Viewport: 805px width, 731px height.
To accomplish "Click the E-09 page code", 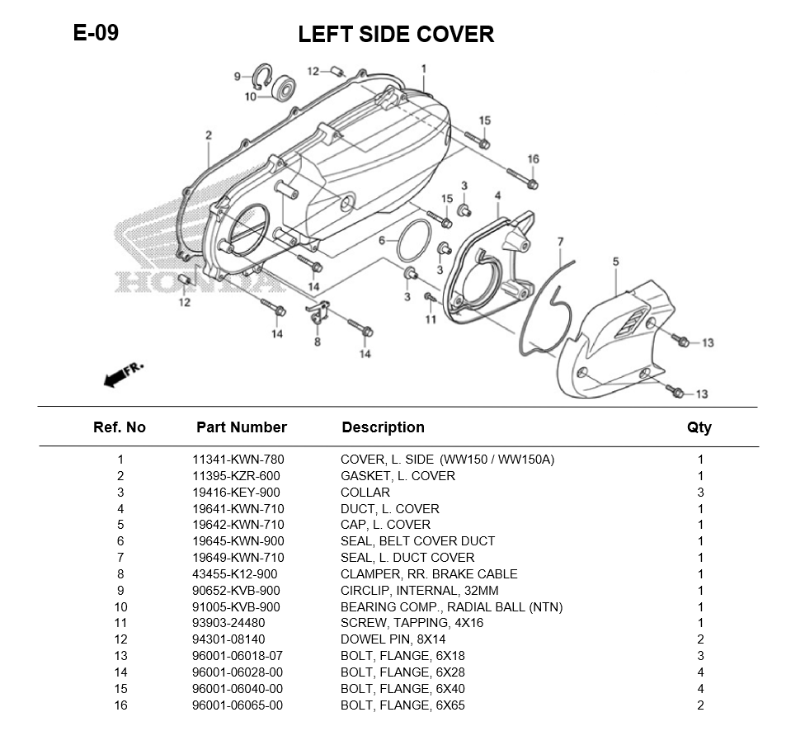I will [x=96, y=33].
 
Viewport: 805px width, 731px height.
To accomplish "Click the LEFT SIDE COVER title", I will [x=396, y=35].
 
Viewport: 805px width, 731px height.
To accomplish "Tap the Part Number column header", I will [x=242, y=427].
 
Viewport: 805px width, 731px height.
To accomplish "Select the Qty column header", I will [x=699, y=427].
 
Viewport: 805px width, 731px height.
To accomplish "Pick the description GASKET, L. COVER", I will [x=398, y=476].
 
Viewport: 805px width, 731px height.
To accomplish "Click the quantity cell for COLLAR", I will [x=700, y=493].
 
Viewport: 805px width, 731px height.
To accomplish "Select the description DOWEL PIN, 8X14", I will [x=394, y=639].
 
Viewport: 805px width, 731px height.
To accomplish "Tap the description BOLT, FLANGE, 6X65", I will [x=407, y=705].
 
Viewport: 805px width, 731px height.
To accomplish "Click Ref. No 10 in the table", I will [x=120, y=607].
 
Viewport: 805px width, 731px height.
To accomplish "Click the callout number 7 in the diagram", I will [x=560, y=242].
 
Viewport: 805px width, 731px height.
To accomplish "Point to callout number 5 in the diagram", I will [x=615, y=262].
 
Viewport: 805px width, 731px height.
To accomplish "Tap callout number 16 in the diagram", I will [x=533, y=159].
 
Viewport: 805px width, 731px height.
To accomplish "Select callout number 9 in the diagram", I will [x=237, y=77].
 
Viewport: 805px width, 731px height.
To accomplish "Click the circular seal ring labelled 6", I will [x=415, y=243].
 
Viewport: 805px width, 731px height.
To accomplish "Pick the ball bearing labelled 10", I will [x=286, y=87].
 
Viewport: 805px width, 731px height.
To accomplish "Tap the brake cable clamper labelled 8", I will [x=319, y=313].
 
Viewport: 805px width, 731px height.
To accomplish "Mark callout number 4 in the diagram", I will [x=497, y=196].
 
